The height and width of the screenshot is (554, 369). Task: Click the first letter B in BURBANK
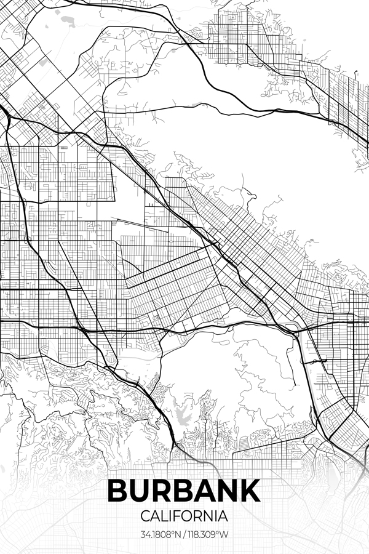[x=119, y=491]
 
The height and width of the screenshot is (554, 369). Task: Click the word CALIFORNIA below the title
[x=184, y=515]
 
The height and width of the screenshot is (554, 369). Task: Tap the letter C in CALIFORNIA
[x=145, y=515]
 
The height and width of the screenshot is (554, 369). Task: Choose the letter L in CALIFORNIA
[x=164, y=515]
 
